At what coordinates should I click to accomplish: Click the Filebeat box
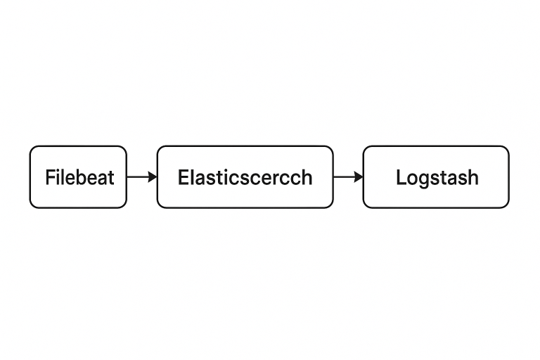pos(78,177)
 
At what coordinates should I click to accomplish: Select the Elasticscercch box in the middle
pos(245,177)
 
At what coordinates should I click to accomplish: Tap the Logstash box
pos(436,177)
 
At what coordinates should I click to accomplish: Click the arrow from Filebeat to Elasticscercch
pos(142,177)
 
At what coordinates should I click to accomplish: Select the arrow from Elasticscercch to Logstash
pos(348,177)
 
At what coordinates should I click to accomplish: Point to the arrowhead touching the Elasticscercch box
pos(153,177)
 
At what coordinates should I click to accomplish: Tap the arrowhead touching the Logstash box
pos(359,177)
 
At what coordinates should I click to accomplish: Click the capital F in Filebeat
pos(51,177)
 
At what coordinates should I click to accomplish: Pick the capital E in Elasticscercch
pos(184,177)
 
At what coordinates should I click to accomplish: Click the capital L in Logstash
pos(401,177)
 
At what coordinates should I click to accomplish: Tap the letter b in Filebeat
pos(80,177)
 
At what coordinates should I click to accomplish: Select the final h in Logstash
pos(472,177)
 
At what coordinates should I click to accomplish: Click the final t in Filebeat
pos(110,178)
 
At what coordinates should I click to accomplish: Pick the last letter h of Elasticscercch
pos(307,177)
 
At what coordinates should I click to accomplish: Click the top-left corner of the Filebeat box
pos(30,146)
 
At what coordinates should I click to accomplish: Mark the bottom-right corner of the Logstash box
pos(508,207)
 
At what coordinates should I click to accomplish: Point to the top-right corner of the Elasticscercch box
pos(333,146)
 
